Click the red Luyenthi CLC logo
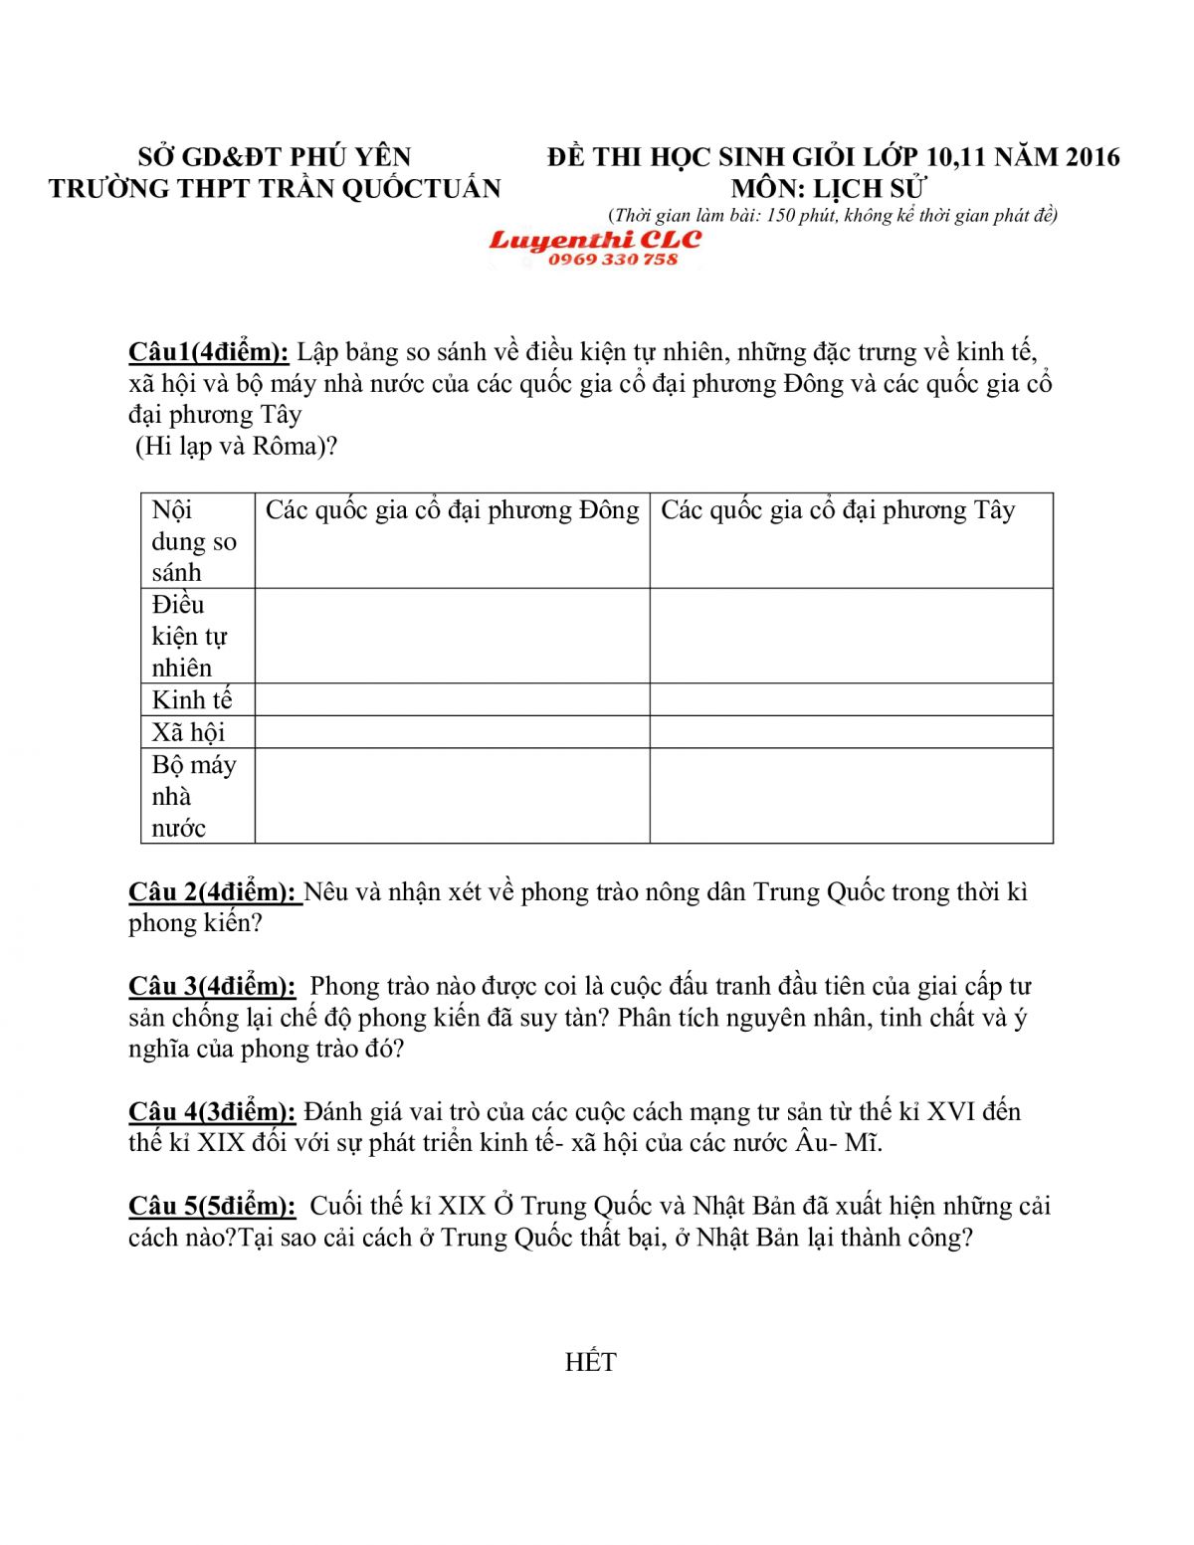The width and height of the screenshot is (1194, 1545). coord(595,240)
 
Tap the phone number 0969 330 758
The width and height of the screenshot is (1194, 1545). coord(612,260)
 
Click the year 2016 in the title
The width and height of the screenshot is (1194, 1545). coord(1093,157)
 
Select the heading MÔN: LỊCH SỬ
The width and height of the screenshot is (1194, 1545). coord(829,188)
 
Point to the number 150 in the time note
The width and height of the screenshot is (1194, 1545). coord(781,216)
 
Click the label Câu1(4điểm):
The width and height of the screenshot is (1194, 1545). coord(208,352)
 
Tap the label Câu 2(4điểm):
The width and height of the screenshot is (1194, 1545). coord(213,892)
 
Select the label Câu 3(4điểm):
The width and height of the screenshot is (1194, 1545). coord(212,987)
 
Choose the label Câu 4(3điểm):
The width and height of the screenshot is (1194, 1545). coord(212,1112)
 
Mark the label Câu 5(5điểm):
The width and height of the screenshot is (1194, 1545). coord(212,1207)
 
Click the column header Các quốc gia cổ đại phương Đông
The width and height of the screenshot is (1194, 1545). coord(452,511)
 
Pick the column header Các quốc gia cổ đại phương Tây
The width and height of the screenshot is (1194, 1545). coord(838,511)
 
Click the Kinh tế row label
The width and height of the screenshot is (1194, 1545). coord(192,700)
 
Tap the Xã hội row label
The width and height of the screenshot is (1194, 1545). coord(188,733)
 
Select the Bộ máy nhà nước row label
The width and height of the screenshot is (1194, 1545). coord(193,796)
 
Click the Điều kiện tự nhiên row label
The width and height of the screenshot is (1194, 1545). coord(189,637)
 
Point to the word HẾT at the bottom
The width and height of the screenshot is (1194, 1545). coord(590,1363)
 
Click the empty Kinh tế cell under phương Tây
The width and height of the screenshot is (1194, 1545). coord(851,699)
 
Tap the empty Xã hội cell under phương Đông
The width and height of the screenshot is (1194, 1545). coord(452,732)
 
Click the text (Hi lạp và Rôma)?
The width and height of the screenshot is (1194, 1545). coord(237,447)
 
